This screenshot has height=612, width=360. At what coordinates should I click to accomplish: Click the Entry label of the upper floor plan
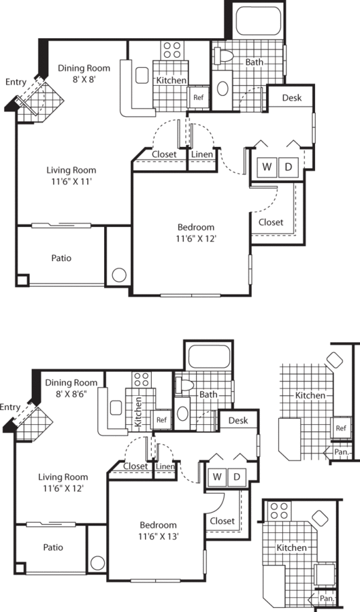[16, 82]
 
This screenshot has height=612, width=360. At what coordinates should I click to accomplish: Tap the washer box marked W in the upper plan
[267, 167]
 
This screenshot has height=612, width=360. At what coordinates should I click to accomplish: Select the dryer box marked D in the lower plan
[237, 477]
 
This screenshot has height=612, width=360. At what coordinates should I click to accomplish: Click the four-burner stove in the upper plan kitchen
[171, 49]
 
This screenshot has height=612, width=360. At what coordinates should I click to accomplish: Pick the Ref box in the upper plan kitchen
[199, 97]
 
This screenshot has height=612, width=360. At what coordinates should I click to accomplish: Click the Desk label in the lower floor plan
[238, 421]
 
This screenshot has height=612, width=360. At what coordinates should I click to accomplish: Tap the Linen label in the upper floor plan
[201, 154]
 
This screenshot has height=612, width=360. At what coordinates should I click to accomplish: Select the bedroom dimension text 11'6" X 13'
[159, 536]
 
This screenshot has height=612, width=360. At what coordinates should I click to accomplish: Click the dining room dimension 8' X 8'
[84, 79]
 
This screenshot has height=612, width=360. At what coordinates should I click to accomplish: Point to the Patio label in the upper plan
[61, 258]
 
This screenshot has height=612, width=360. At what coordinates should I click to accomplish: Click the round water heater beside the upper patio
[118, 275]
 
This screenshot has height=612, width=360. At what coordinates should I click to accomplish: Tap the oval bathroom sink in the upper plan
[223, 89]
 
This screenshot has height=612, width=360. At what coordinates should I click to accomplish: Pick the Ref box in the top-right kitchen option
[338, 428]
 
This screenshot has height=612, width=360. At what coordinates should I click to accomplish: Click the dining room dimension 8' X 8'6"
[71, 394]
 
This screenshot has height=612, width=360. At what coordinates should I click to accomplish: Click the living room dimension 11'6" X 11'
[71, 182]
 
